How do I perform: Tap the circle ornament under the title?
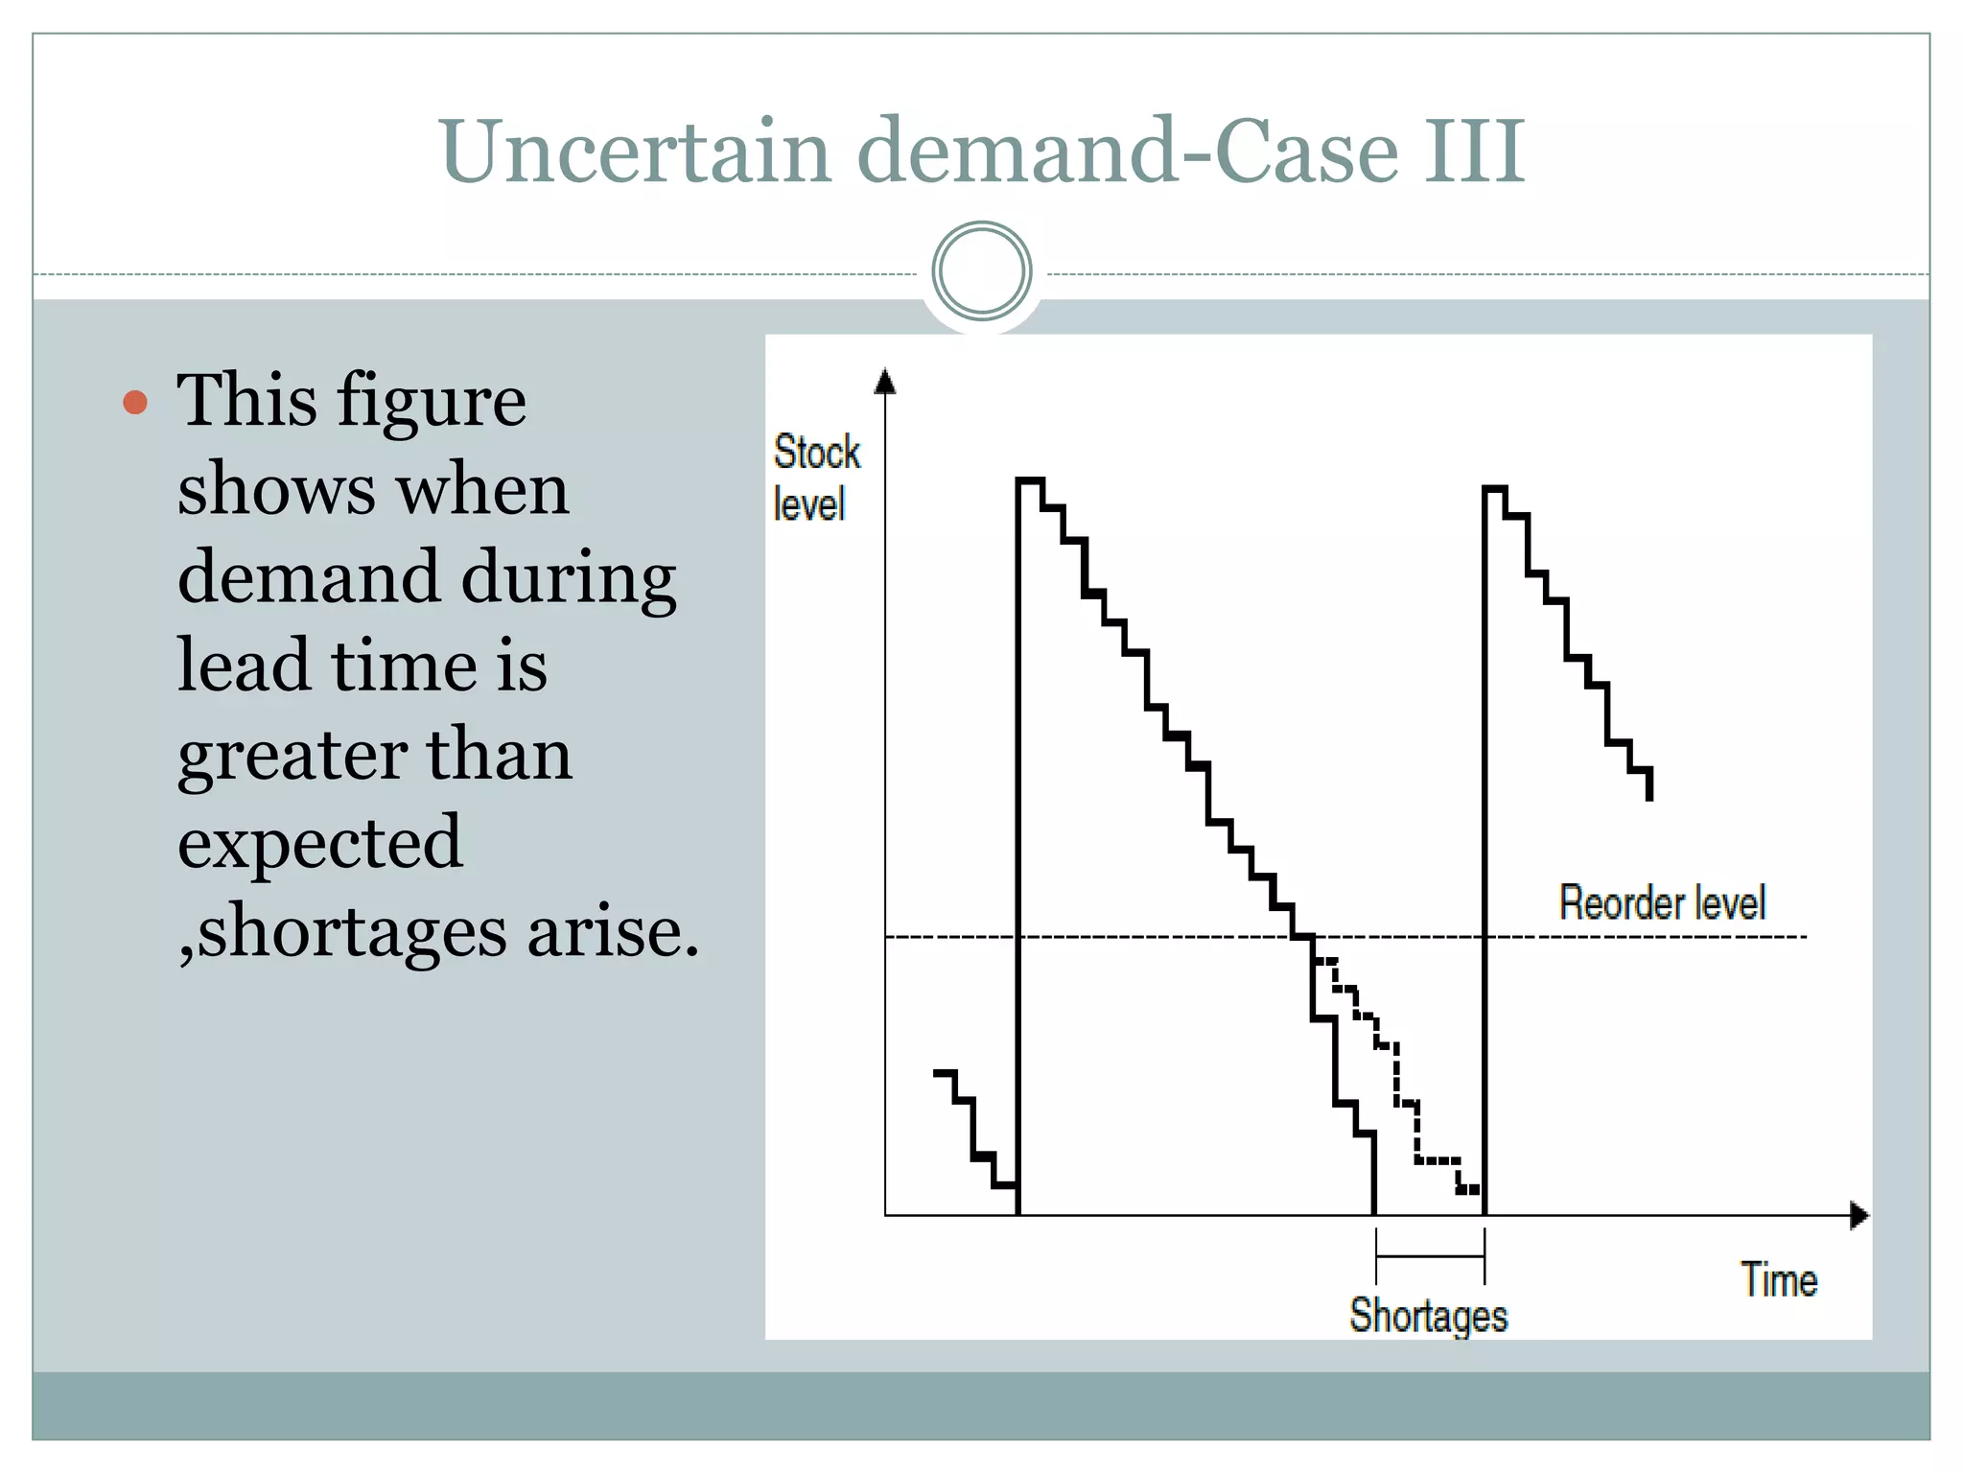981,271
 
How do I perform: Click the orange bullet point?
135,402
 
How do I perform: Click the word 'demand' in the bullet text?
306,577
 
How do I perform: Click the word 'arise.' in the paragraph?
613,932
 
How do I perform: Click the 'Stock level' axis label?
815,478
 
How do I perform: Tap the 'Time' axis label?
1779,1280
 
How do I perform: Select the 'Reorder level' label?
1662,903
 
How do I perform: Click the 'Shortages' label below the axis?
1428,1315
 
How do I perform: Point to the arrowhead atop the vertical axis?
885,382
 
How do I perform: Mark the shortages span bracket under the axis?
1430,1256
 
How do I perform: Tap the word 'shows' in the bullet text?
275,489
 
